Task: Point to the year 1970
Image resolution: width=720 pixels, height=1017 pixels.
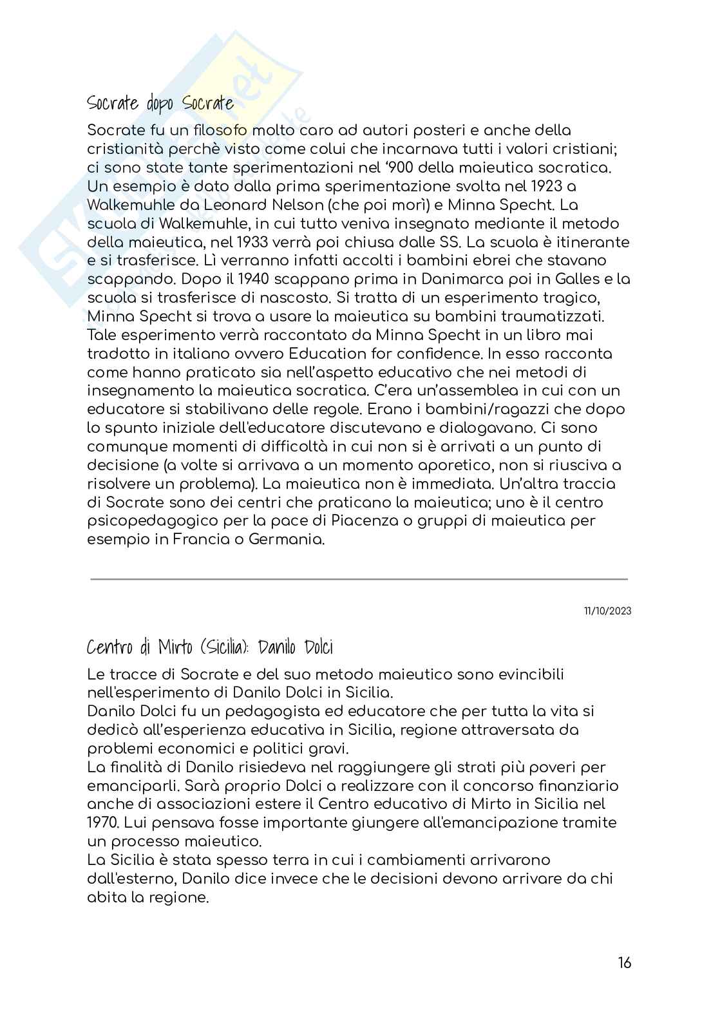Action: [102, 822]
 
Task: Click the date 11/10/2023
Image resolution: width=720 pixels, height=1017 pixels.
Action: [607, 611]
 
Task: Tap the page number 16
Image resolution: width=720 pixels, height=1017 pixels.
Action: [624, 963]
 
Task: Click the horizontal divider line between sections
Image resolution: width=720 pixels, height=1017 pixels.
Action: [359, 579]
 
